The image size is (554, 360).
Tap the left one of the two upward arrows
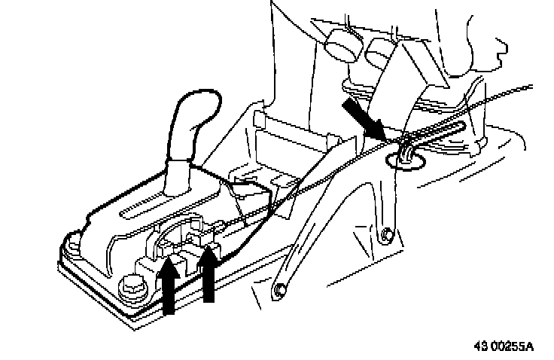coord(169,286)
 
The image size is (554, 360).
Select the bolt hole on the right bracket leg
coord(386,234)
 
